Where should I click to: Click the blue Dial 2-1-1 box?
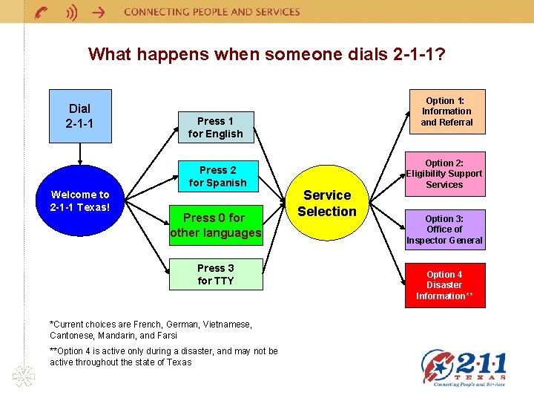pyautogui.click(x=79, y=115)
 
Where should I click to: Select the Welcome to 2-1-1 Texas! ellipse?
pyautogui.click(x=79, y=200)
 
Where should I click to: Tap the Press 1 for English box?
pyautogui.click(x=215, y=127)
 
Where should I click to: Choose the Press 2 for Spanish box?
pyautogui.click(x=217, y=176)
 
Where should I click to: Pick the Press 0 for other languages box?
pyautogui.click(x=216, y=225)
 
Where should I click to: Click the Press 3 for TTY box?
pyautogui.click(x=216, y=274)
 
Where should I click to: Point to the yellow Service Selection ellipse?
pyautogui.click(x=327, y=203)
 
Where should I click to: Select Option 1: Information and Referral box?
pyautogui.click(x=446, y=111)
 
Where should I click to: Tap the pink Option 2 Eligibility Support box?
pyautogui.click(x=444, y=173)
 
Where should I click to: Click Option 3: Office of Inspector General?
pyautogui.click(x=444, y=229)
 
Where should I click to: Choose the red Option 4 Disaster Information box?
pyautogui.click(x=444, y=285)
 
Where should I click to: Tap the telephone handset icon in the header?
pyautogui.click(x=42, y=12)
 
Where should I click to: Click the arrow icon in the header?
pyautogui.click(x=97, y=12)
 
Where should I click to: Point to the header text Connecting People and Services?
pyautogui.click(x=212, y=12)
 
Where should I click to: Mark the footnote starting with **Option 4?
pyautogui.click(x=163, y=356)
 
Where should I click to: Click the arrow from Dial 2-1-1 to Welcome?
pyautogui.click(x=79, y=154)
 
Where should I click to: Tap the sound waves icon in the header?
pyautogui.click(x=70, y=12)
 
